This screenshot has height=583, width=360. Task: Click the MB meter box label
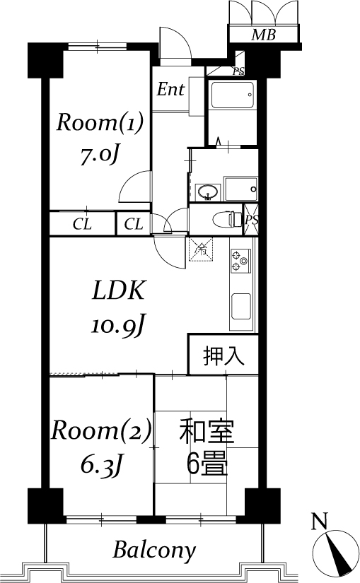click(x=263, y=35)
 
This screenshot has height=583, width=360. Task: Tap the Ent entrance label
click(x=170, y=89)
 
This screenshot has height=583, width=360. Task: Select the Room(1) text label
click(x=100, y=123)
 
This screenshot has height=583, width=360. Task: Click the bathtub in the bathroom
click(x=232, y=95)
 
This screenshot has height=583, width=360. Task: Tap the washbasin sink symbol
click(x=208, y=192)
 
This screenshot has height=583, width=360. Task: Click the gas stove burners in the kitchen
click(x=240, y=261)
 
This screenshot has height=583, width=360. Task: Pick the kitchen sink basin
click(x=241, y=307)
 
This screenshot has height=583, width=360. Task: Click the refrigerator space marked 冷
click(x=201, y=249)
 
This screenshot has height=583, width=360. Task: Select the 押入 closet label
click(x=223, y=356)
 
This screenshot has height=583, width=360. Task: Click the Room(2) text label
click(x=101, y=430)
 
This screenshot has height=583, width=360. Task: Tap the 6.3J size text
click(x=101, y=464)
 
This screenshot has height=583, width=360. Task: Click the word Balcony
click(x=154, y=550)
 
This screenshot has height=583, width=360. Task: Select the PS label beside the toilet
click(x=251, y=219)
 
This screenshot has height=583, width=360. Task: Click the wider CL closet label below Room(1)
click(x=82, y=224)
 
